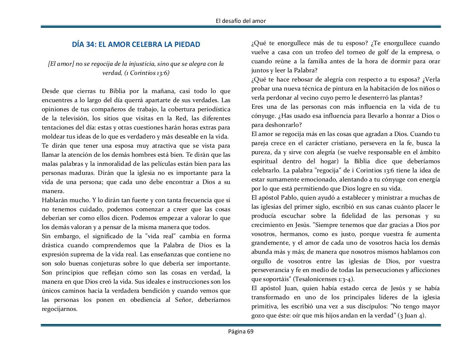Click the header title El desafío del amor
(x=240, y=21)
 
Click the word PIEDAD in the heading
(x=187, y=44)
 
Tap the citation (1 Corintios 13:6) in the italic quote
(x=147, y=73)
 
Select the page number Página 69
(x=240, y=331)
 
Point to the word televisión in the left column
(x=73, y=118)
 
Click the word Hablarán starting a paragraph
(x=54, y=200)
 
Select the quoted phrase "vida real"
(x=158, y=236)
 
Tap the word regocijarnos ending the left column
(x=60, y=309)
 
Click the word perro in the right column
(x=350, y=97)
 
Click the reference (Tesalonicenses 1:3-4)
(x=324, y=279)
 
